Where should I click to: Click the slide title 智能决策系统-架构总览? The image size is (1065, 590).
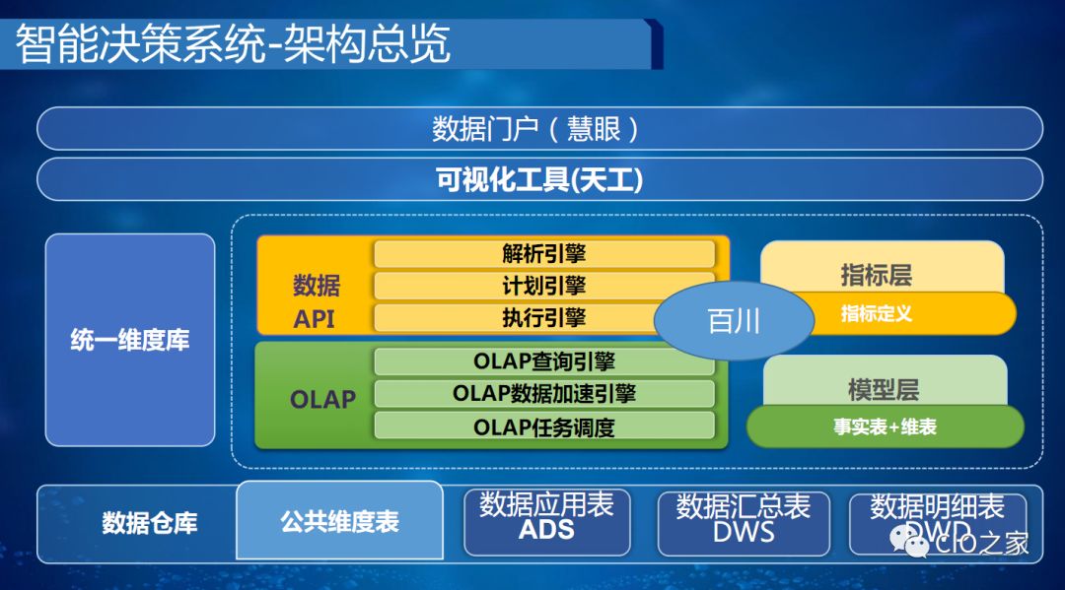233,44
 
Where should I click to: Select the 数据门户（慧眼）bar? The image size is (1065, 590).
538,128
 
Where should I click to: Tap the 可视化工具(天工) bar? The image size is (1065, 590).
538,180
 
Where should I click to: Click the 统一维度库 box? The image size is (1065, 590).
129,341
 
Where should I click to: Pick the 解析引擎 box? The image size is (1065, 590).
543,253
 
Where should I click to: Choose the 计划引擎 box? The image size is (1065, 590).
543,286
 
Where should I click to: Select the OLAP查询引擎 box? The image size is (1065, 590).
543,361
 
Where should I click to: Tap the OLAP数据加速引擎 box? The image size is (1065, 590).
543,393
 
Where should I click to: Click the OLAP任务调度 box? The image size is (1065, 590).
543,426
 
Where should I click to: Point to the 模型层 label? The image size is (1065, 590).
883,388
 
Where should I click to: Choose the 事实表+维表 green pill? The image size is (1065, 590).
885,427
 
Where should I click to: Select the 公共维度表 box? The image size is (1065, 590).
339,521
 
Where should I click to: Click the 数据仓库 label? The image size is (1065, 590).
149,523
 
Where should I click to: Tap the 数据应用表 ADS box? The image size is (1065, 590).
546,519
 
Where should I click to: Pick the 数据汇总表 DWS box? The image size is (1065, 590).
744,519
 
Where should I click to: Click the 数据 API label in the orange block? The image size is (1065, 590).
315,301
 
